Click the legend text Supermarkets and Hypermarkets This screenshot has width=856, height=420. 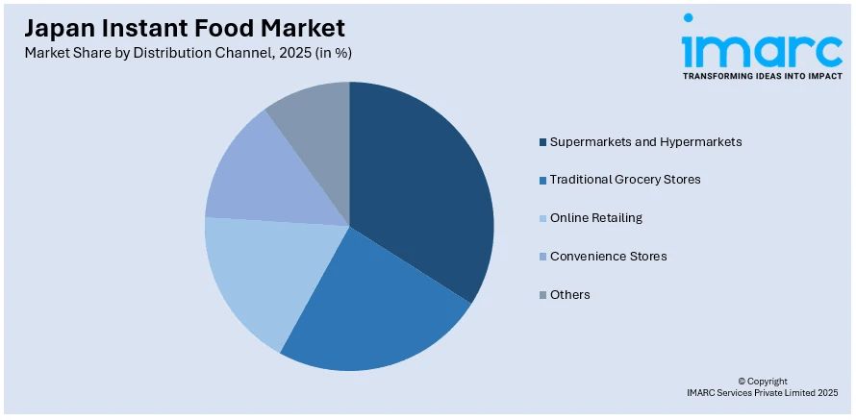pyautogui.click(x=645, y=141)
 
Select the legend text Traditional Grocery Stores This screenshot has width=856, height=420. pyautogui.click(x=625, y=180)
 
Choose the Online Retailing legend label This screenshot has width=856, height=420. pyautogui.click(x=595, y=218)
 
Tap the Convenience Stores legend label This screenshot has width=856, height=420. pyautogui.click(x=608, y=257)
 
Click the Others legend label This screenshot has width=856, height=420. pyautogui.click(x=570, y=295)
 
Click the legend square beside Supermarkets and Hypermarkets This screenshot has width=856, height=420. pyautogui.click(x=542, y=142)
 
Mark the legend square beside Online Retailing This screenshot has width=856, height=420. pyautogui.click(x=542, y=219)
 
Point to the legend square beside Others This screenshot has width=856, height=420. pyautogui.click(x=542, y=295)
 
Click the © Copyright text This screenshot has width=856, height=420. pyautogui.click(x=762, y=382)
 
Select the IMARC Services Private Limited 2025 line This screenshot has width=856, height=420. pyautogui.click(x=762, y=393)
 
